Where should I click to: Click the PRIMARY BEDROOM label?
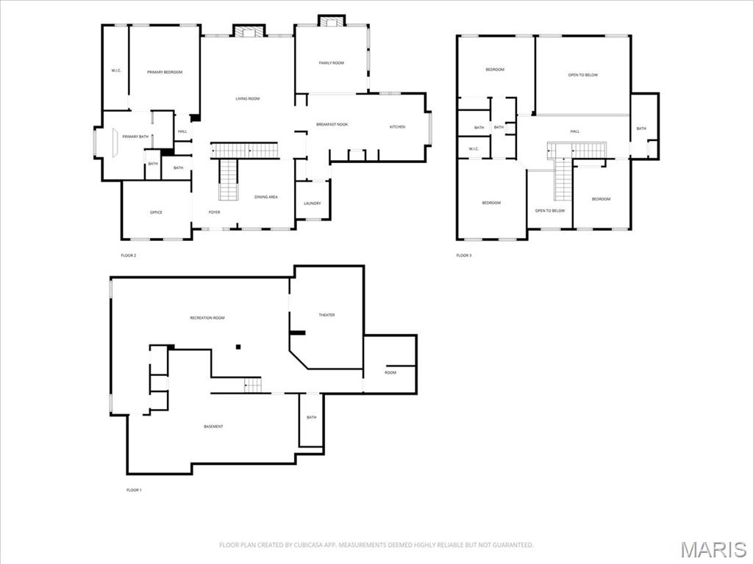(x=164, y=72)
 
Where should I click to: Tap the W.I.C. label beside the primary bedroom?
(x=116, y=70)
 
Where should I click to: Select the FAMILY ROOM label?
(x=331, y=63)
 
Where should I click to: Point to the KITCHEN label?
(x=397, y=127)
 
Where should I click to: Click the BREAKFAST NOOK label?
(x=332, y=124)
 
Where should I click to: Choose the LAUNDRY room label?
(x=312, y=203)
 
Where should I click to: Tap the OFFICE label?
(x=156, y=212)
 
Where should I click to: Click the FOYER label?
(x=214, y=212)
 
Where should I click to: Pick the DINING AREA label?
(x=265, y=197)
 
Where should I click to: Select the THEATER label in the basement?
(x=326, y=315)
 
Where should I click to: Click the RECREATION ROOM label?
(x=207, y=318)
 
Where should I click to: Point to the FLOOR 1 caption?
(x=134, y=490)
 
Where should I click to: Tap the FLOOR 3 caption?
(x=463, y=256)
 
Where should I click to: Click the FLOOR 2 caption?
(x=128, y=256)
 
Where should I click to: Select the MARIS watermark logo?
(x=713, y=549)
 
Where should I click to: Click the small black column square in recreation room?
(x=238, y=346)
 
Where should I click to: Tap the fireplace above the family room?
(x=330, y=21)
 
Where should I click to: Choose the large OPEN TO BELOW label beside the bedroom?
(x=582, y=75)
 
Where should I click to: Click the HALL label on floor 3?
(x=574, y=131)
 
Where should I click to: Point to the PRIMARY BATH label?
(x=135, y=137)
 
